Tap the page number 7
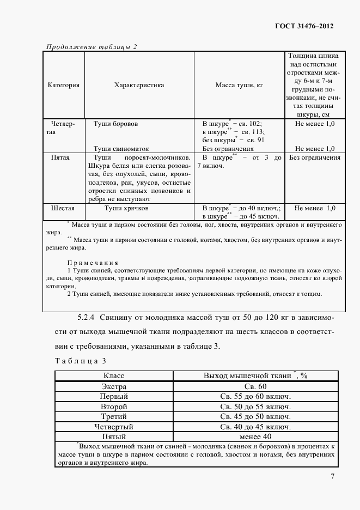333,477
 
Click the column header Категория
64,85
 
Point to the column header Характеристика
139,85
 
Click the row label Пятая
60,158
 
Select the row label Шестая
63,208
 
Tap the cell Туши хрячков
127,208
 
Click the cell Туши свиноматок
121,148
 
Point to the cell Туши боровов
115,124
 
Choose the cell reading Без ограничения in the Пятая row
315,158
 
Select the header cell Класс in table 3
114,376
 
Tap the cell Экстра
114,386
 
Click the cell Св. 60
255,386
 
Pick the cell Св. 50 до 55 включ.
255,406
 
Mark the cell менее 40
255,436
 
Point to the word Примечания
92,262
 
